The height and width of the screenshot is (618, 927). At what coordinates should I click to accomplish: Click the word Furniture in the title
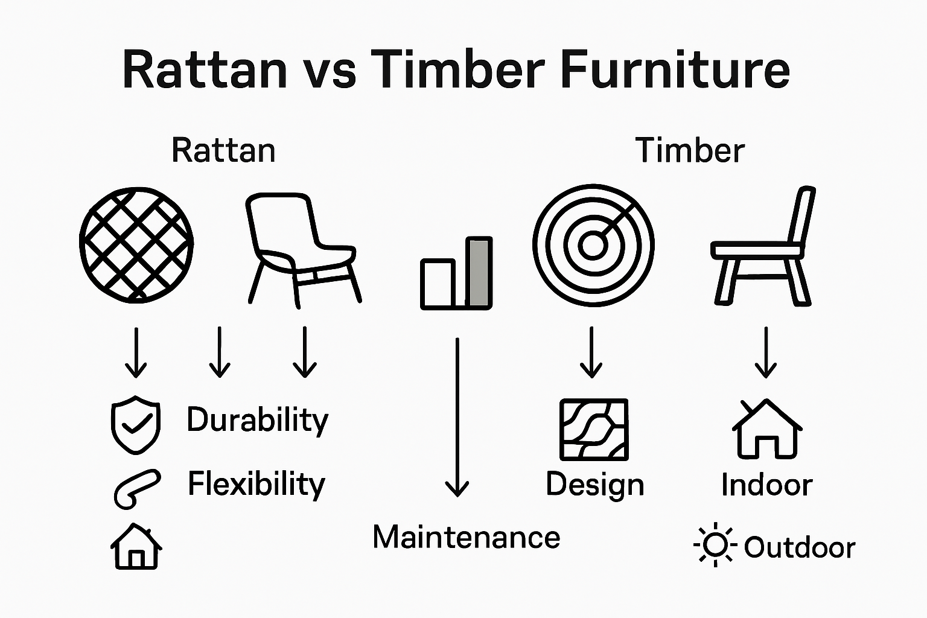[x=675, y=70]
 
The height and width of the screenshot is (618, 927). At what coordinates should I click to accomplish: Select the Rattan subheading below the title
[x=223, y=150]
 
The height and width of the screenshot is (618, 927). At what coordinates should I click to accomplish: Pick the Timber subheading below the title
[x=690, y=150]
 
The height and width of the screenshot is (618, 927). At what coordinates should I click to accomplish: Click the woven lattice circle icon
[x=136, y=244]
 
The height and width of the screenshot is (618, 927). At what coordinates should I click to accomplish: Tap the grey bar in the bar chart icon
[x=479, y=273]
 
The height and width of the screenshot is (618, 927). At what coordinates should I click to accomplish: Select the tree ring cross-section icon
[x=593, y=244]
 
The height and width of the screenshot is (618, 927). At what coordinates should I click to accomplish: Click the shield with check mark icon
[x=136, y=425]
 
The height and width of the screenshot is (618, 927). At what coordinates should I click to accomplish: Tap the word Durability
[x=257, y=420]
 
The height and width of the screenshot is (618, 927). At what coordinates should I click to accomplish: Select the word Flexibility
[x=256, y=484]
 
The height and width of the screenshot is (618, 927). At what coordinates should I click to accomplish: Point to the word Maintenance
[x=466, y=537]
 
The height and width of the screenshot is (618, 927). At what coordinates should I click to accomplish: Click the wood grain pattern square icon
[x=594, y=430]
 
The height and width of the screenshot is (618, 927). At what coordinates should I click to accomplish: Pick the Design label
[x=594, y=485]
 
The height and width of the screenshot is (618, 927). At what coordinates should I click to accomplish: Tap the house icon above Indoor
[x=766, y=428]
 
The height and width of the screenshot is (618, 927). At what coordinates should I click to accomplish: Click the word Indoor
[x=766, y=485]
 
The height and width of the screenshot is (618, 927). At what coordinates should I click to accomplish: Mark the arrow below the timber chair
[x=765, y=352]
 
